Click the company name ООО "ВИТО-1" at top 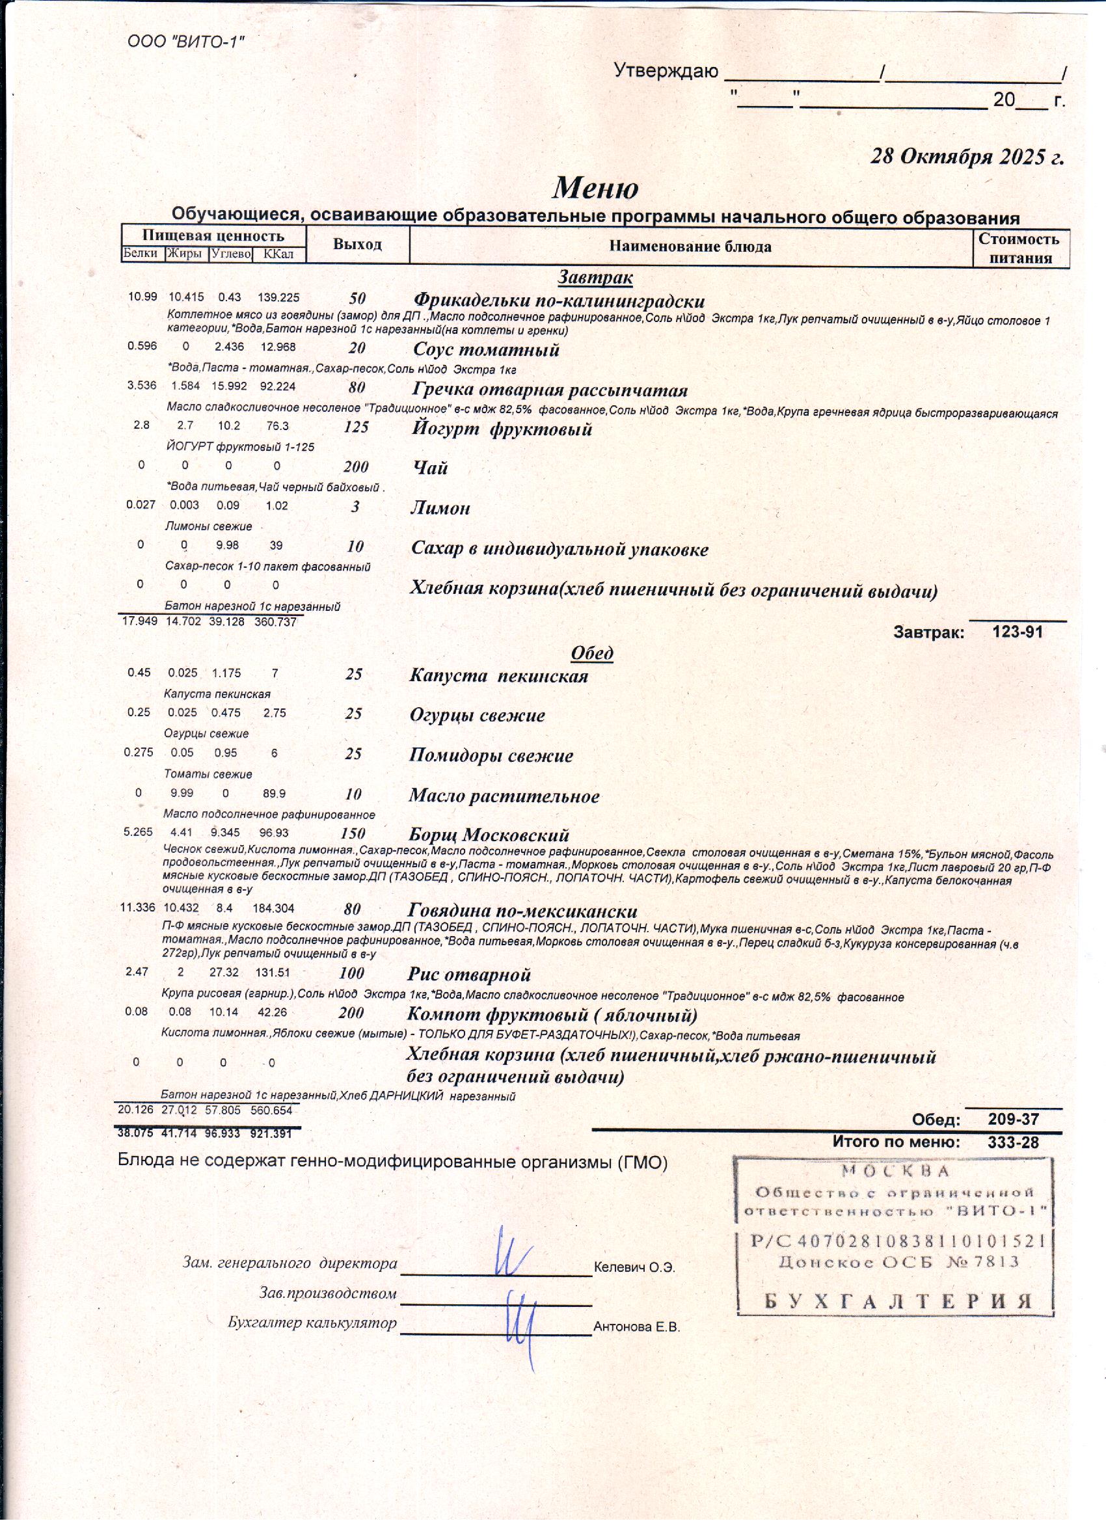point(186,42)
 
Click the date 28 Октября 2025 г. point(967,156)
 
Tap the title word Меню point(595,188)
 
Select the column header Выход point(357,244)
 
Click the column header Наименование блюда point(690,246)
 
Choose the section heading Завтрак point(595,276)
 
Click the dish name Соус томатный point(486,349)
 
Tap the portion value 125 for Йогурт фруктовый point(356,427)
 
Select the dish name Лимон point(440,507)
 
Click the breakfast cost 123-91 point(1018,632)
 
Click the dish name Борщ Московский point(489,835)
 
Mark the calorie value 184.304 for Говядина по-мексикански point(273,908)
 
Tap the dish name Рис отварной point(470,975)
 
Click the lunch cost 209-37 point(1014,1120)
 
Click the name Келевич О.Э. point(634,1267)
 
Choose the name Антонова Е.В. point(636,1326)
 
